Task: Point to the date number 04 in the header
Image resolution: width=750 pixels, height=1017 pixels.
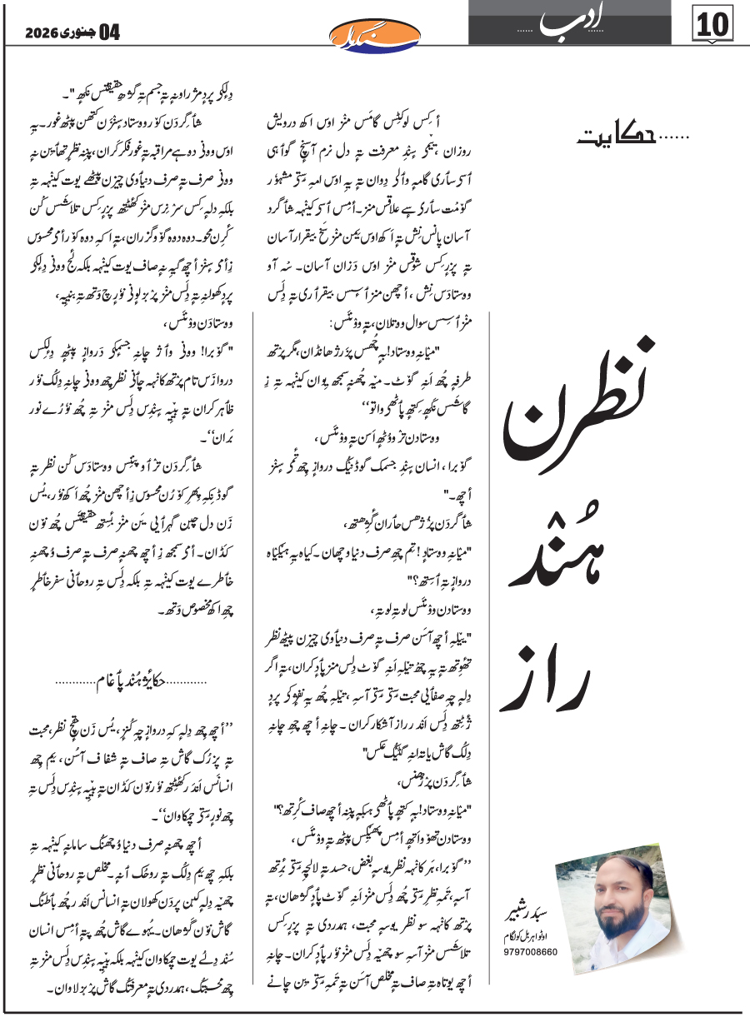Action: [110, 33]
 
